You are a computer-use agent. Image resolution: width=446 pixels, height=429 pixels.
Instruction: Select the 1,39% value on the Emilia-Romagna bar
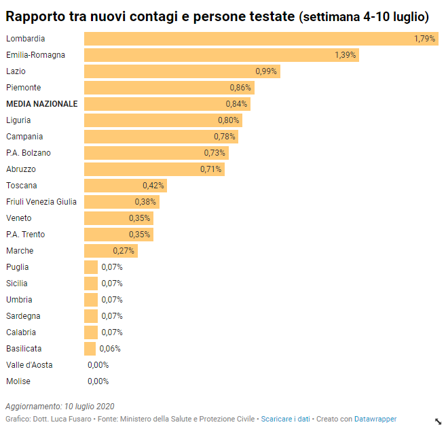click(345, 55)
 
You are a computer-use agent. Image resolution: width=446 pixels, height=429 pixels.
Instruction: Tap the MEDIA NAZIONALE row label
click(41, 104)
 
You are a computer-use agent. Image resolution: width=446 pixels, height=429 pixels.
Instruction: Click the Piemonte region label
click(23, 88)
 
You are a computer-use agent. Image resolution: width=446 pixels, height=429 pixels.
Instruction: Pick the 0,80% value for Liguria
click(228, 120)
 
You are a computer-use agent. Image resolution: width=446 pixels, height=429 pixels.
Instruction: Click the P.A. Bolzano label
click(28, 153)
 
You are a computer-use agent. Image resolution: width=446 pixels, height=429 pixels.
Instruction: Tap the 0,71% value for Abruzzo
click(210, 169)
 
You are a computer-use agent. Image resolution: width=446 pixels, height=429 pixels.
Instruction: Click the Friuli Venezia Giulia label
click(41, 202)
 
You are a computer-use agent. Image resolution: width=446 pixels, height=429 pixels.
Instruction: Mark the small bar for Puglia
click(91, 267)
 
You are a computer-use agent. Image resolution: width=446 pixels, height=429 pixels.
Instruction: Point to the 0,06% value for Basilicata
click(110, 349)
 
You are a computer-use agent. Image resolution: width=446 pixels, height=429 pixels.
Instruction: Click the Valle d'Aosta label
click(29, 365)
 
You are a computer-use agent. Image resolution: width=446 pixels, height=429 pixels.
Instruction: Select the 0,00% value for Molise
click(98, 381)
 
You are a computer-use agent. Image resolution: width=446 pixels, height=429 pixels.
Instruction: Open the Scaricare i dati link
click(285, 419)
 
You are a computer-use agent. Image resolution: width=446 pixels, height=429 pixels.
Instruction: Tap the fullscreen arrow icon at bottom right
click(438, 422)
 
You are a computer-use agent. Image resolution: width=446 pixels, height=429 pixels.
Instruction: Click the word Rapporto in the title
click(40, 16)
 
